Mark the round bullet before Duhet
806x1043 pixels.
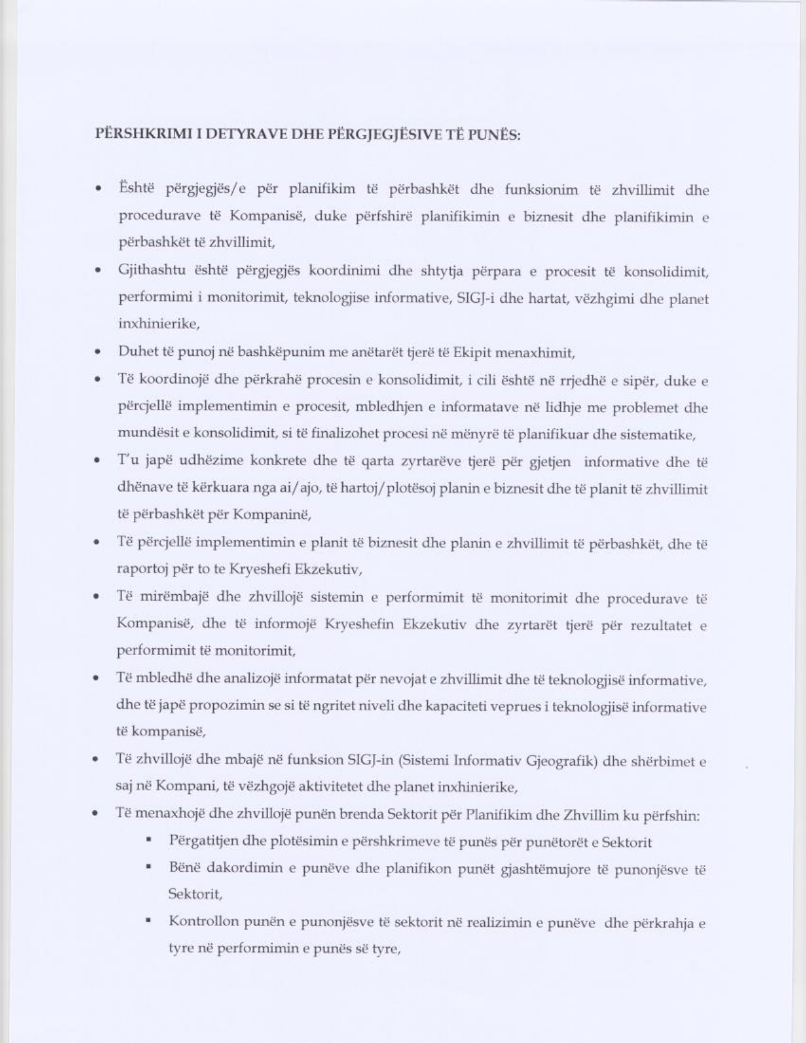(97, 353)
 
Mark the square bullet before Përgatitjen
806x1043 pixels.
(149, 841)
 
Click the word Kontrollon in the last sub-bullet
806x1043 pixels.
(202, 922)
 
